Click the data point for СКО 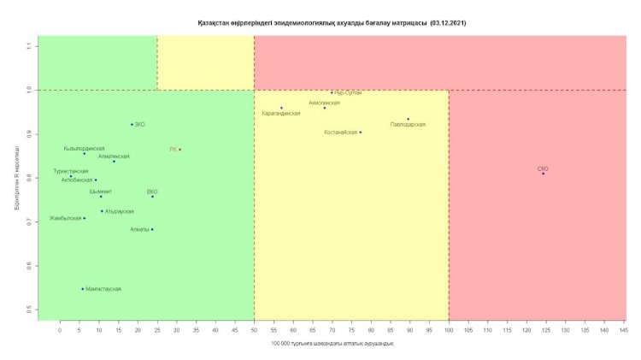tap(543, 173)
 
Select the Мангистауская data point tap(83, 289)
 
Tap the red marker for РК tap(179, 150)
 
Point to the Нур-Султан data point tap(332, 93)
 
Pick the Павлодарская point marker tap(409, 119)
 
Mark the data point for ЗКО tap(132, 124)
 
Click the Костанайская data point tap(361, 133)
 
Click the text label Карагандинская tap(280, 113)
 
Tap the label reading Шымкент tap(100, 191)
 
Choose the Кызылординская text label tap(84, 148)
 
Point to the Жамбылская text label tap(64, 218)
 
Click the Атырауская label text tap(120, 210)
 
